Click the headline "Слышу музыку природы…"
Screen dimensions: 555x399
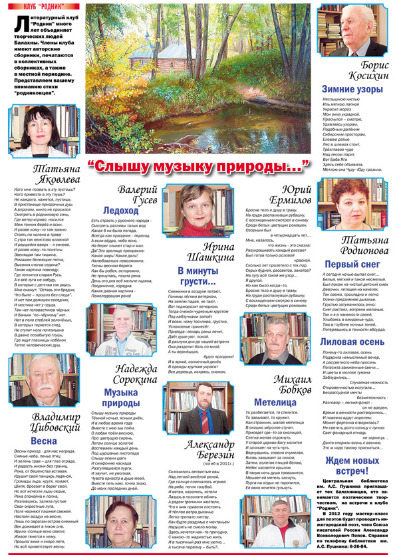[199, 166]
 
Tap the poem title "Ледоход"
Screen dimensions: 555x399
[122, 210]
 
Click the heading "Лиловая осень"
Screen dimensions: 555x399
[352, 341]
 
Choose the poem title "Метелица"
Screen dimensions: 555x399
[274, 402]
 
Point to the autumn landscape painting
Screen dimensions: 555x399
[199, 80]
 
